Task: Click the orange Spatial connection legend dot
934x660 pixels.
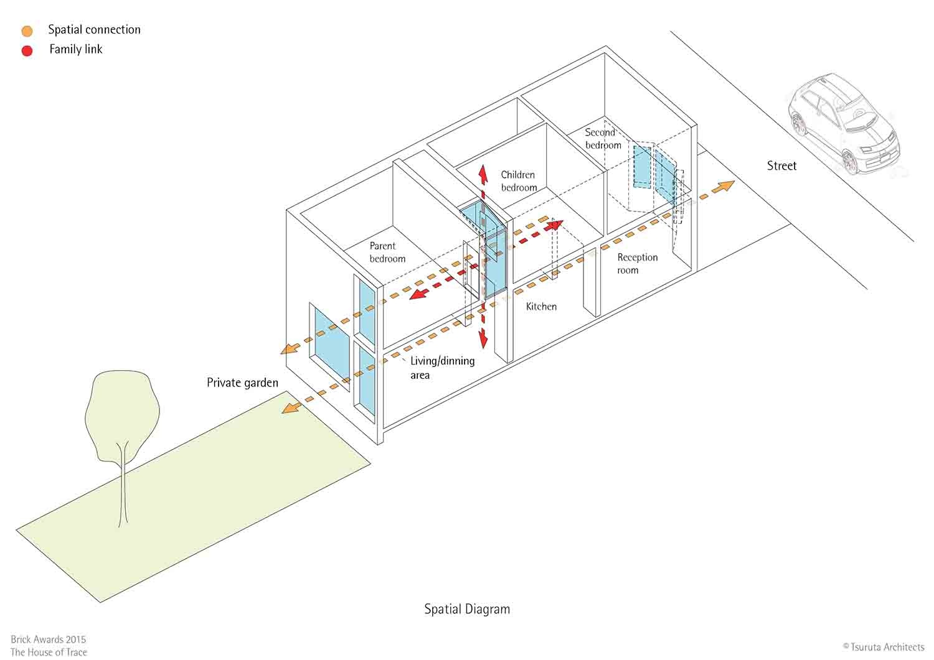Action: [27, 31]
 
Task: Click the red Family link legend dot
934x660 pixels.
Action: [27, 50]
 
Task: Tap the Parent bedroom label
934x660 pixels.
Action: [387, 252]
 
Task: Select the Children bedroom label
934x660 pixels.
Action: [519, 181]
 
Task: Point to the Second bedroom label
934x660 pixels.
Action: [602, 139]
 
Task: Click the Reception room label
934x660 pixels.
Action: [637, 263]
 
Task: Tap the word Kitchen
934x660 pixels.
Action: [541, 307]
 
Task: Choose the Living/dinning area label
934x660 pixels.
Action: [442, 368]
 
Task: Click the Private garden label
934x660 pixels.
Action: [242, 383]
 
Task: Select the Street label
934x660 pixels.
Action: [781, 165]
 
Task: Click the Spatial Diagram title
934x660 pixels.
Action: [467, 609]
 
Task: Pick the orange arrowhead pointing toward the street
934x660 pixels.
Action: [725, 186]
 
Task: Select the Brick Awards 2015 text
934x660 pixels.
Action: [48, 639]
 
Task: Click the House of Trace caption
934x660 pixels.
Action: [49, 652]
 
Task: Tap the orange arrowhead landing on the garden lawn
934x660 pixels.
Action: [288, 408]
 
